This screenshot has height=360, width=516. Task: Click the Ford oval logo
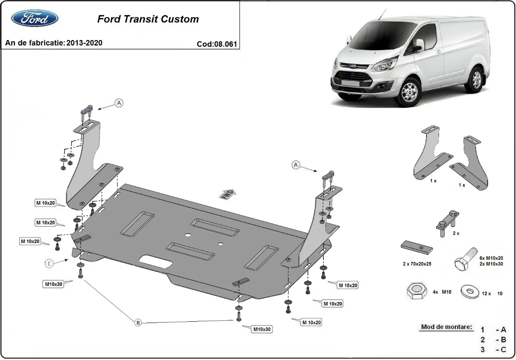(x=35, y=18)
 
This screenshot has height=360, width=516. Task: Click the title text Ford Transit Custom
(x=148, y=19)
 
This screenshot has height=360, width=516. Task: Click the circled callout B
(x=138, y=323)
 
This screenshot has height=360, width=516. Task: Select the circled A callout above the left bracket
(x=119, y=102)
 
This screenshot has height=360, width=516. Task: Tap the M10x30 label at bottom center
(x=262, y=329)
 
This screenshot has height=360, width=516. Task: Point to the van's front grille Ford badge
(x=353, y=67)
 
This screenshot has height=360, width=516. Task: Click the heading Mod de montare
(x=446, y=327)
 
